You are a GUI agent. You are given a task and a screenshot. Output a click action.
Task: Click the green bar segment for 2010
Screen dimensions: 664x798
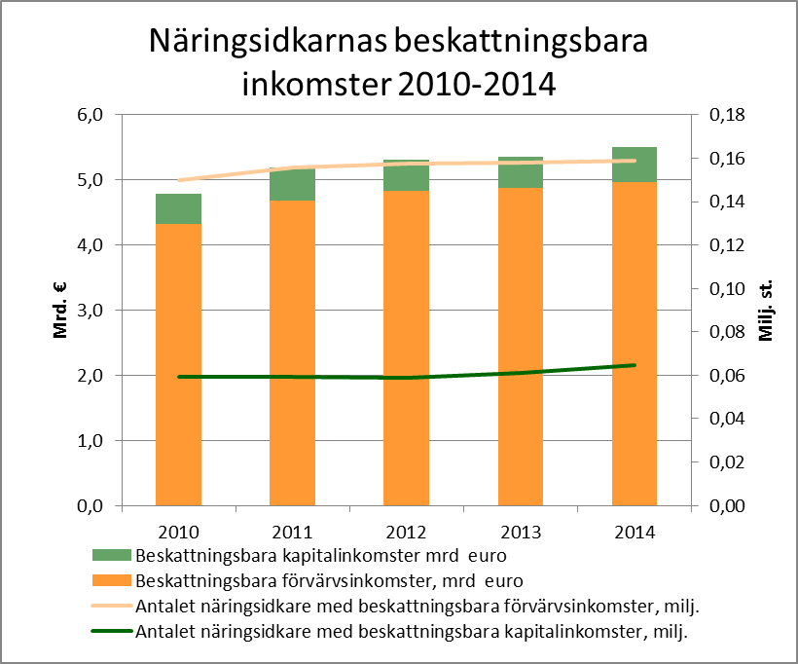point(178,208)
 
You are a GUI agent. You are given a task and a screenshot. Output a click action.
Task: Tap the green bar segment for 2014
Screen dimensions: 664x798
point(635,165)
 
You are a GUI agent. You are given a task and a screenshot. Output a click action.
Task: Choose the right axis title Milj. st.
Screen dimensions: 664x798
point(766,311)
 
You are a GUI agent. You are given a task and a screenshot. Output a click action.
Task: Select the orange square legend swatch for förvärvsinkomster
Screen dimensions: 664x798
point(112,582)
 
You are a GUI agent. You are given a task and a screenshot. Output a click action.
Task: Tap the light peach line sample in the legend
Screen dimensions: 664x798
point(112,607)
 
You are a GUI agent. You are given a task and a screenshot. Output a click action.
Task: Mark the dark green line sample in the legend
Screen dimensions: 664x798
point(112,632)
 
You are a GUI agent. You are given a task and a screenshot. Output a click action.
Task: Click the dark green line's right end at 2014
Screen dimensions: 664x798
point(635,365)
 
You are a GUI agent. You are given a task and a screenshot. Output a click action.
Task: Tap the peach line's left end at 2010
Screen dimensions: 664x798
point(179,180)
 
